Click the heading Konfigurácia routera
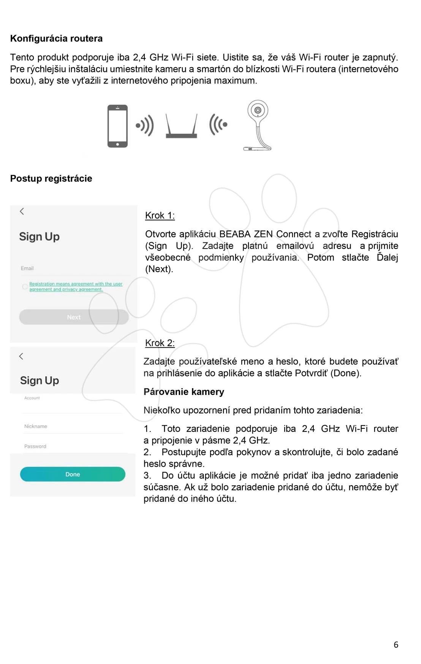pyautogui.click(x=56, y=38)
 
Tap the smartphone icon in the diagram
pyautogui.click(x=117, y=126)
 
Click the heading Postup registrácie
pyautogui.click(x=51, y=178)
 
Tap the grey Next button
pyautogui.click(x=74, y=317)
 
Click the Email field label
pyautogui.click(x=27, y=268)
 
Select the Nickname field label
pyautogui.click(x=36, y=426)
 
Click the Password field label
pyautogui.click(x=35, y=446)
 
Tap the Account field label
pyautogui.click(x=32, y=398)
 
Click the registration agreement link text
pyautogui.click(x=76, y=286)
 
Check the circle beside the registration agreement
pyautogui.click(x=25, y=286)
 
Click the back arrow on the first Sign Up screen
pyautogui.click(x=22, y=211)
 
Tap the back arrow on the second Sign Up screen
pyautogui.click(x=21, y=356)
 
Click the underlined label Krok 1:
pyautogui.click(x=160, y=216)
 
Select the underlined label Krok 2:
pyautogui.click(x=160, y=343)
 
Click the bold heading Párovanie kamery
pyautogui.click(x=184, y=392)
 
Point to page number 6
pyautogui.click(x=396, y=645)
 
